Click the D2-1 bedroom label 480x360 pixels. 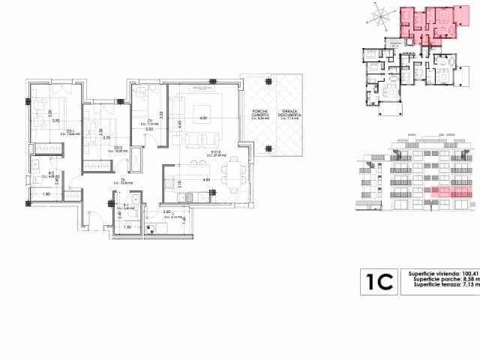(49, 132)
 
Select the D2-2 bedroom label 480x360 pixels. (98, 148)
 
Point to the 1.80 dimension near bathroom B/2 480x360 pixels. (46, 195)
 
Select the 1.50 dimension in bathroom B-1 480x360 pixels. (127, 227)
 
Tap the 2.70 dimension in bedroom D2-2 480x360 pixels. (106, 138)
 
